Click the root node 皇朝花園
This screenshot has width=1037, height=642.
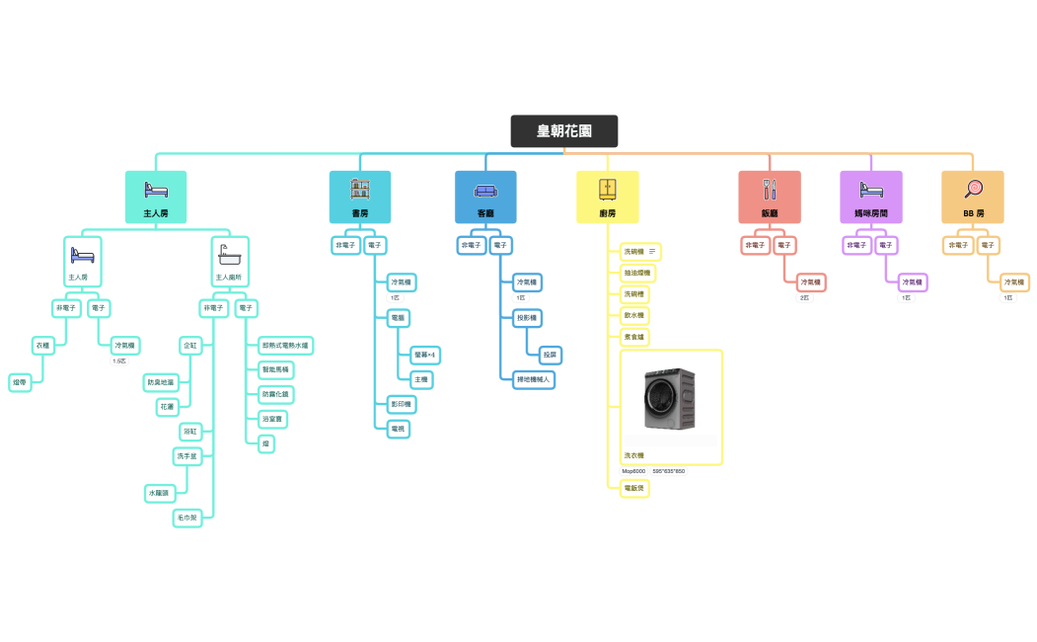(563, 131)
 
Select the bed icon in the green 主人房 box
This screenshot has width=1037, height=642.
(156, 189)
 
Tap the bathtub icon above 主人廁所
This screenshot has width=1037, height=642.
(230, 253)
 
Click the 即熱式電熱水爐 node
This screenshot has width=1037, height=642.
(285, 346)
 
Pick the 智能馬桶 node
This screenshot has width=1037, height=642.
(275, 369)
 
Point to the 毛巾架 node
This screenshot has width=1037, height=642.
(187, 517)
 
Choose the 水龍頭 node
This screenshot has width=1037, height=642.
(159, 492)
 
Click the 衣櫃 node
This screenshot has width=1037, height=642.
(42, 346)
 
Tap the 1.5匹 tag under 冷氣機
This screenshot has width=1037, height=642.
(119, 361)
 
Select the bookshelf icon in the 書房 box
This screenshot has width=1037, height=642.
(360, 189)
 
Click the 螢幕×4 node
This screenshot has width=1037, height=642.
(425, 354)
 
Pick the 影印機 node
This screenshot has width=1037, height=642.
(401, 404)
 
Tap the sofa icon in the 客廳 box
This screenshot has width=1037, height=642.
(485, 189)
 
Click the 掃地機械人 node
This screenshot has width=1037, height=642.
(534, 378)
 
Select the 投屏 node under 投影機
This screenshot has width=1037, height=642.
(550, 354)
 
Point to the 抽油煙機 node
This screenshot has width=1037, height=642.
(636, 272)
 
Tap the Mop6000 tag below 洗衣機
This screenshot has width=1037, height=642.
(633, 471)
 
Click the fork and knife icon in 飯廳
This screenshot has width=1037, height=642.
(770, 189)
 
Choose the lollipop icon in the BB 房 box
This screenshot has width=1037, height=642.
(973, 188)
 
